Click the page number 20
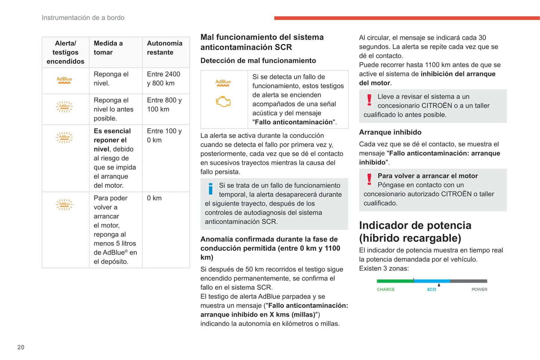coord(21,347)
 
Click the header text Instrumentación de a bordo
coord(83,18)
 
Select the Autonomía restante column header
coord(164,48)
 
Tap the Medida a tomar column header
coord(108,48)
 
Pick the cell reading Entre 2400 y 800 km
coord(164,79)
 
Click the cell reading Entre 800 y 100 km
coord(164,105)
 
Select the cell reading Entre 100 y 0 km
coord(164,136)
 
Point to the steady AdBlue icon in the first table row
coord(64,80)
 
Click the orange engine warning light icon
coord(223,102)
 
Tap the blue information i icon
coord(210,189)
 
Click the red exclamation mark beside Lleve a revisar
coord(369,100)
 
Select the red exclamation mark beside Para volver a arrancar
coord(369,180)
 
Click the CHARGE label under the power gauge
coord(386,289)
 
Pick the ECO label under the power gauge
coord(432,289)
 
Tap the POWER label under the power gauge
coord(479,289)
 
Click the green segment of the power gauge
coord(395,281)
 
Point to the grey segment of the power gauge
coord(469,281)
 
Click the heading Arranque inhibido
coord(390,132)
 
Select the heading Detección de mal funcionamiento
coord(258,60)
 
